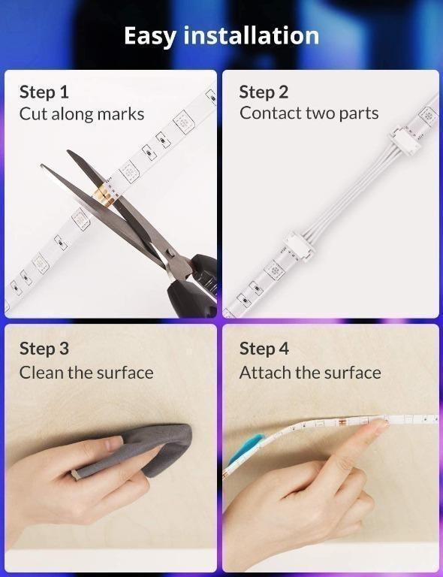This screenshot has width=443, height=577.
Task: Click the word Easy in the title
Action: (150, 36)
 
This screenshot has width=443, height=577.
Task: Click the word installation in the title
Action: (251, 35)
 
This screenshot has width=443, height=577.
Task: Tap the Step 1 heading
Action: (44, 92)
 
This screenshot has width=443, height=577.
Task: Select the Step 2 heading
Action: (264, 92)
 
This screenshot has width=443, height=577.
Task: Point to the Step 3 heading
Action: (44, 349)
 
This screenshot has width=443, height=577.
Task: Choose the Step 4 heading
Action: (264, 349)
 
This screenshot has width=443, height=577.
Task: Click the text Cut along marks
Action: (82, 114)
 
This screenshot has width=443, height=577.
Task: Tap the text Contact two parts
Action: (309, 113)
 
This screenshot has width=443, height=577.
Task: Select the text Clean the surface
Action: (86, 373)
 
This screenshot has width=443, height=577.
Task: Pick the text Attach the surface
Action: (310, 373)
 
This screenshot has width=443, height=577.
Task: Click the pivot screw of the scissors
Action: (170, 252)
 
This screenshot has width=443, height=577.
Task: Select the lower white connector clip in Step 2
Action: (300, 246)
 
